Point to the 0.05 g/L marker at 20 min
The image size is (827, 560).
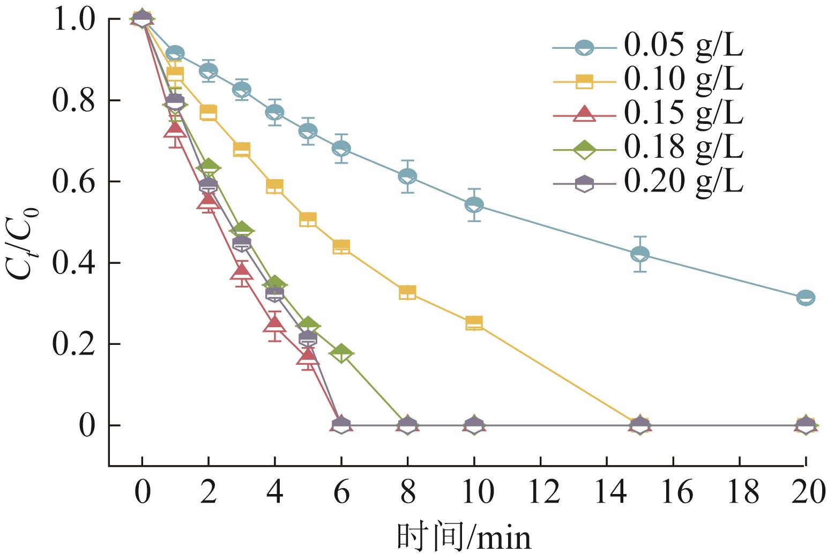coord(806,297)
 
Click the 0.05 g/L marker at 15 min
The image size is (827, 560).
coord(639,254)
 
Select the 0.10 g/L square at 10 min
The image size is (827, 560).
coord(474,323)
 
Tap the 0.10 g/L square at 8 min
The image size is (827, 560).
coord(407,292)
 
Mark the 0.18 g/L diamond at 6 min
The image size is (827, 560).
coord(341,353)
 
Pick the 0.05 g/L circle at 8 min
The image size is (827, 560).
coord(407,176)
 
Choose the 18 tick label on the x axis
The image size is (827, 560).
coord(739,492)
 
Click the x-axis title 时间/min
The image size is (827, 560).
coord(464,537)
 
